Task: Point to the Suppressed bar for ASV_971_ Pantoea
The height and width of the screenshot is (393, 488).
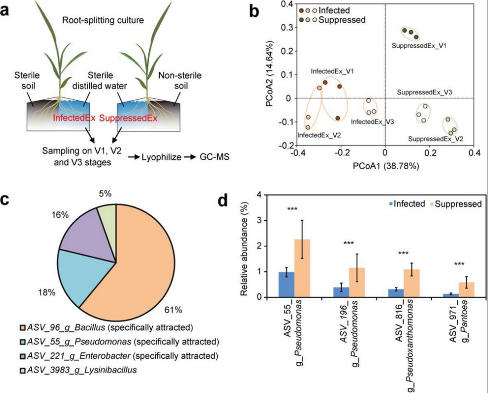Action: pos(466,290)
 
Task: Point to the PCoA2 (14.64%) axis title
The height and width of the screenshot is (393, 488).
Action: pos(269,74)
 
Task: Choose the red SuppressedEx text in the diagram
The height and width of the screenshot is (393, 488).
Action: pos(128,118)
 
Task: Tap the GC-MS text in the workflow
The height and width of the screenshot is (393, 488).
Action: pos(204,156)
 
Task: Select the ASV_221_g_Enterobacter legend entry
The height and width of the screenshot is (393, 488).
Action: pos(119,355)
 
